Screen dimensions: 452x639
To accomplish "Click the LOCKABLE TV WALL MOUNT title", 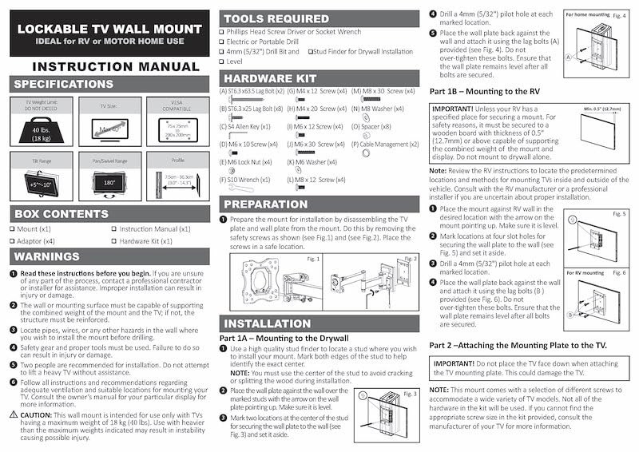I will [109, 28].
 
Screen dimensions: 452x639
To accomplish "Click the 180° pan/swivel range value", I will [108, 183].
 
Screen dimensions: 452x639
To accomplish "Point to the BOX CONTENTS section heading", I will [62, 214].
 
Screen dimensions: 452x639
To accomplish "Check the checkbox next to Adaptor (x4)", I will [14, 240].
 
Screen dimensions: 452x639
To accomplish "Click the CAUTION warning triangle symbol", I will [14, 414].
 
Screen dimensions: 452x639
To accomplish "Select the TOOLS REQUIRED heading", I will [276, 18].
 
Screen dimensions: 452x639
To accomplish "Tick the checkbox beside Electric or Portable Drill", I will [221, 42].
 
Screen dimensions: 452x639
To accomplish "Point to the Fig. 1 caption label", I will [312, 259].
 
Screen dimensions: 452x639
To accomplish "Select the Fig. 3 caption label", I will [410, 394].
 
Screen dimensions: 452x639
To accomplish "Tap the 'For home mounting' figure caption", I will [589, 15].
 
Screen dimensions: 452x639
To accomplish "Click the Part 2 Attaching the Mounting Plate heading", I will [518, 343].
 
